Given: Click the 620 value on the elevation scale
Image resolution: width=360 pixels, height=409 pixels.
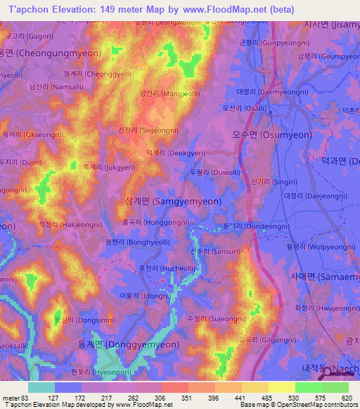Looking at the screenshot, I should coord(342,398).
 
